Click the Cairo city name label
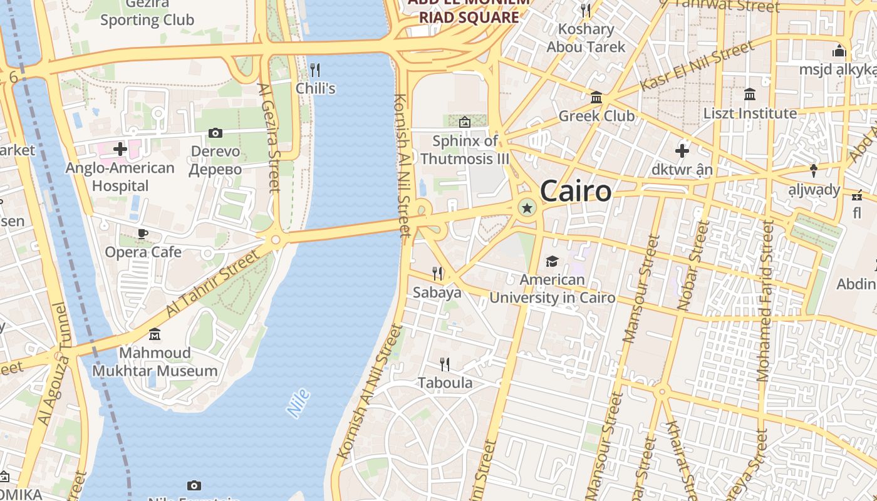tap(575, 191)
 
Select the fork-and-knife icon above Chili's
tap(315, 70)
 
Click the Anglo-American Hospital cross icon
tap(120, 149)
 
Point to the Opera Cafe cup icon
tap(143, 234)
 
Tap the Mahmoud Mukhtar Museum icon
tap(155, 334)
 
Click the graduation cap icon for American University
tap(552, 261)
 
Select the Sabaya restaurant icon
tap(437, 274)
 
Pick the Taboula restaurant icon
tap(445, 364)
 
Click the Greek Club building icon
tap(596, 98)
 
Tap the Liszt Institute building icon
tap(749, 95)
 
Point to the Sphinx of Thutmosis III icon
tap(465, 122)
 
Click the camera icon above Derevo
tap(215, 133)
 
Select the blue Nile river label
tap(299, 403)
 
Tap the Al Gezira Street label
tap(268, 138)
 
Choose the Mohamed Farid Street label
tap(765, 301)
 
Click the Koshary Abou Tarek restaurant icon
tap(586, 11)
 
